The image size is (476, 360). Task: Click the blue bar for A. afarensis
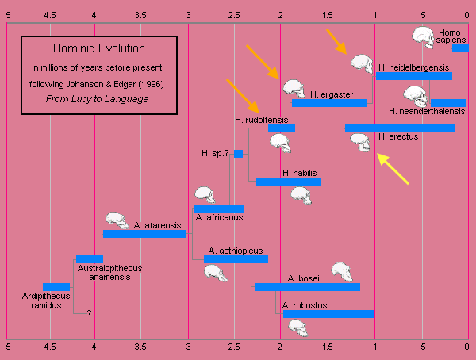(x=144, y=234)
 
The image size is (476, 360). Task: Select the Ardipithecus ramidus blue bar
(x=56, y=287)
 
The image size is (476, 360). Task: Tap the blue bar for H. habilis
(x=288, y=182)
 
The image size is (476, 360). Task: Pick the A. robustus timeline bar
(x=328, y=314)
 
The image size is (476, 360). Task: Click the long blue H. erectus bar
(x=400, y=128)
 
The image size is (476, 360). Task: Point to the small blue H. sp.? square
(x=238, y=154)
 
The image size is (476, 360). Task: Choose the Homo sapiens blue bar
(x=460, y=48)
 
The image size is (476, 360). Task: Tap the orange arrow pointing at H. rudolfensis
(x=243, y=95)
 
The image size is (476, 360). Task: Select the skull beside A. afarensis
(x=117, y=220)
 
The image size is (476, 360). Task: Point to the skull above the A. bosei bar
(x=343, y=271)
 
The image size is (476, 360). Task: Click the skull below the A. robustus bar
(x=297, y=327)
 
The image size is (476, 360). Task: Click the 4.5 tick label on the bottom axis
(x=49, y=347)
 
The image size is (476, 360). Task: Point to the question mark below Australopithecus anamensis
(x=89, y=313)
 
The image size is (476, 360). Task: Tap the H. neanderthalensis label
(x=426, y=112)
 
